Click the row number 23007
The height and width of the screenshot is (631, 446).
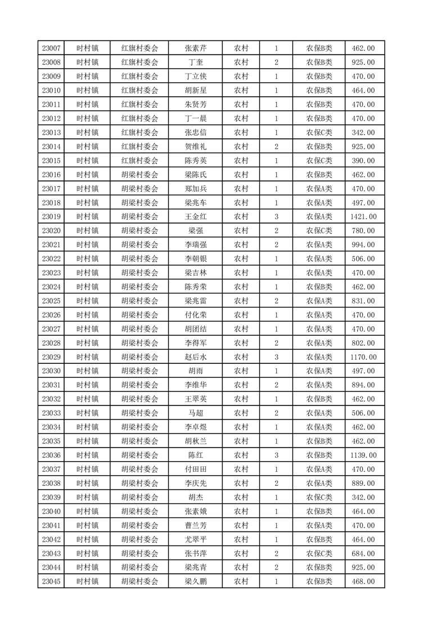coord(51,48)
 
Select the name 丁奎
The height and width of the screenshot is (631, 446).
coord(195,62)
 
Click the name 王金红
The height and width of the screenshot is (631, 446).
coord(195,217)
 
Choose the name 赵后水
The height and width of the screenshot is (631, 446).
coord(195,357)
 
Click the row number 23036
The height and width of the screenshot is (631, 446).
coord(51,455)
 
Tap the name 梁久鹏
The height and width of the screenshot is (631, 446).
coord(195,582)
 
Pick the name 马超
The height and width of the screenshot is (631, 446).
coord(195,413)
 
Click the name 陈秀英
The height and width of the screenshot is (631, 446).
coord(195,161)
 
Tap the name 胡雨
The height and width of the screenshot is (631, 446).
coord(195,371)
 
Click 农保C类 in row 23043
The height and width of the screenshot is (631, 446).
coord(319,553)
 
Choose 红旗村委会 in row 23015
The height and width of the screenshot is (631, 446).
coord(140,161)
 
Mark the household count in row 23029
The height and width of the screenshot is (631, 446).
coord(276,357)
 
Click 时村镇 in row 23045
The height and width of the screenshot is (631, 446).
coord(87,582)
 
